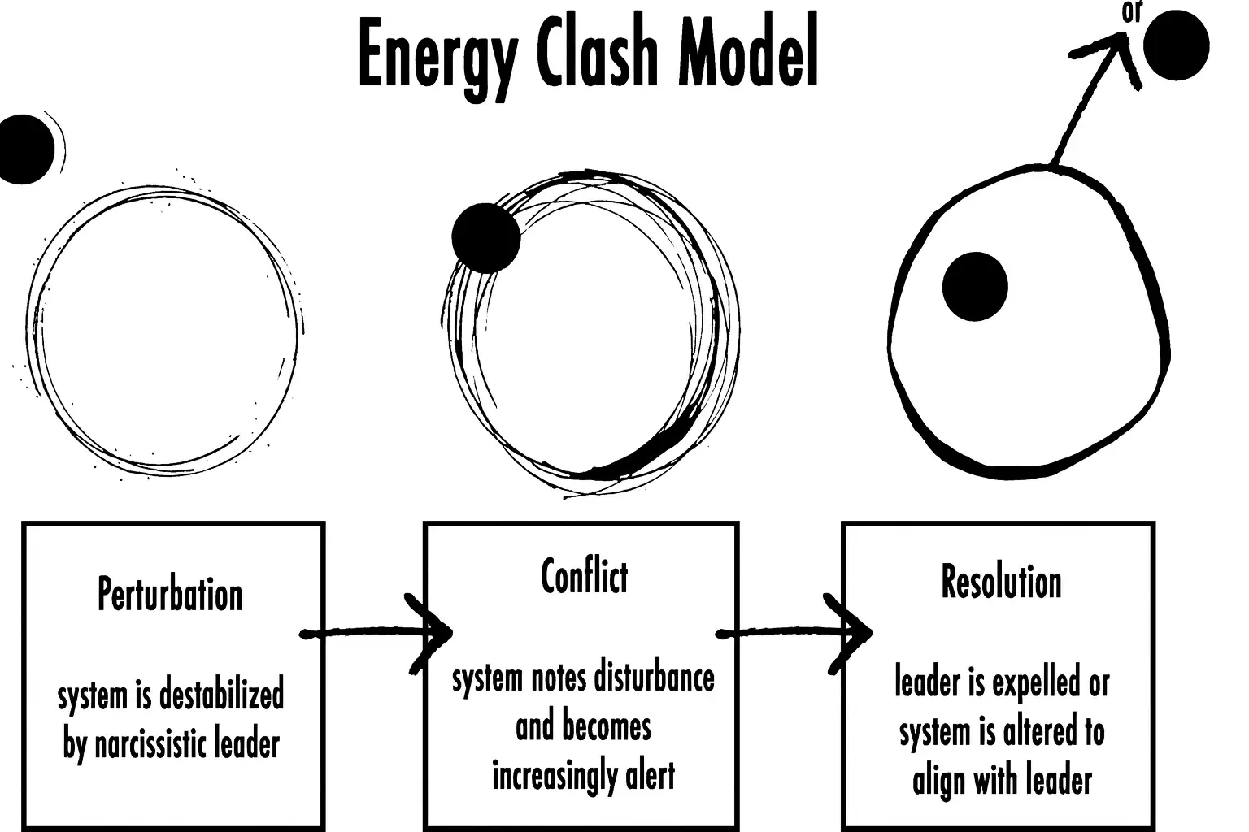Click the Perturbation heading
pos(170,596)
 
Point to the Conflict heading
pos(585,576)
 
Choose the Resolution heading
pos(1002,582)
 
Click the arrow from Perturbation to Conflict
pos(376,633)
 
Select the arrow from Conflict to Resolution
pos(794,633)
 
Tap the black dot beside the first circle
pos(26,149)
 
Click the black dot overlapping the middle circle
pos(486,238)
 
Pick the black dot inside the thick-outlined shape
pos(975,287)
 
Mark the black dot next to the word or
pos(1176,45)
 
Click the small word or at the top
pos(1132,12)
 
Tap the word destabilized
pos(222,695)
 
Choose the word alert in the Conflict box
pos(651,775)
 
